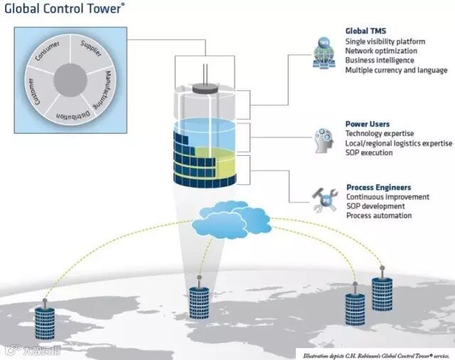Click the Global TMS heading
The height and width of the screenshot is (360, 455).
pos(365,31)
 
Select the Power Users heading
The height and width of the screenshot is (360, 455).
pos(367,124)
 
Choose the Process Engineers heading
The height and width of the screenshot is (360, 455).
pos(378,188)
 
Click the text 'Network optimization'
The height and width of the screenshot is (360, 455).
pos(381,51)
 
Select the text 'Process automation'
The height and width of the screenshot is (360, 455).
pos(379,216)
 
